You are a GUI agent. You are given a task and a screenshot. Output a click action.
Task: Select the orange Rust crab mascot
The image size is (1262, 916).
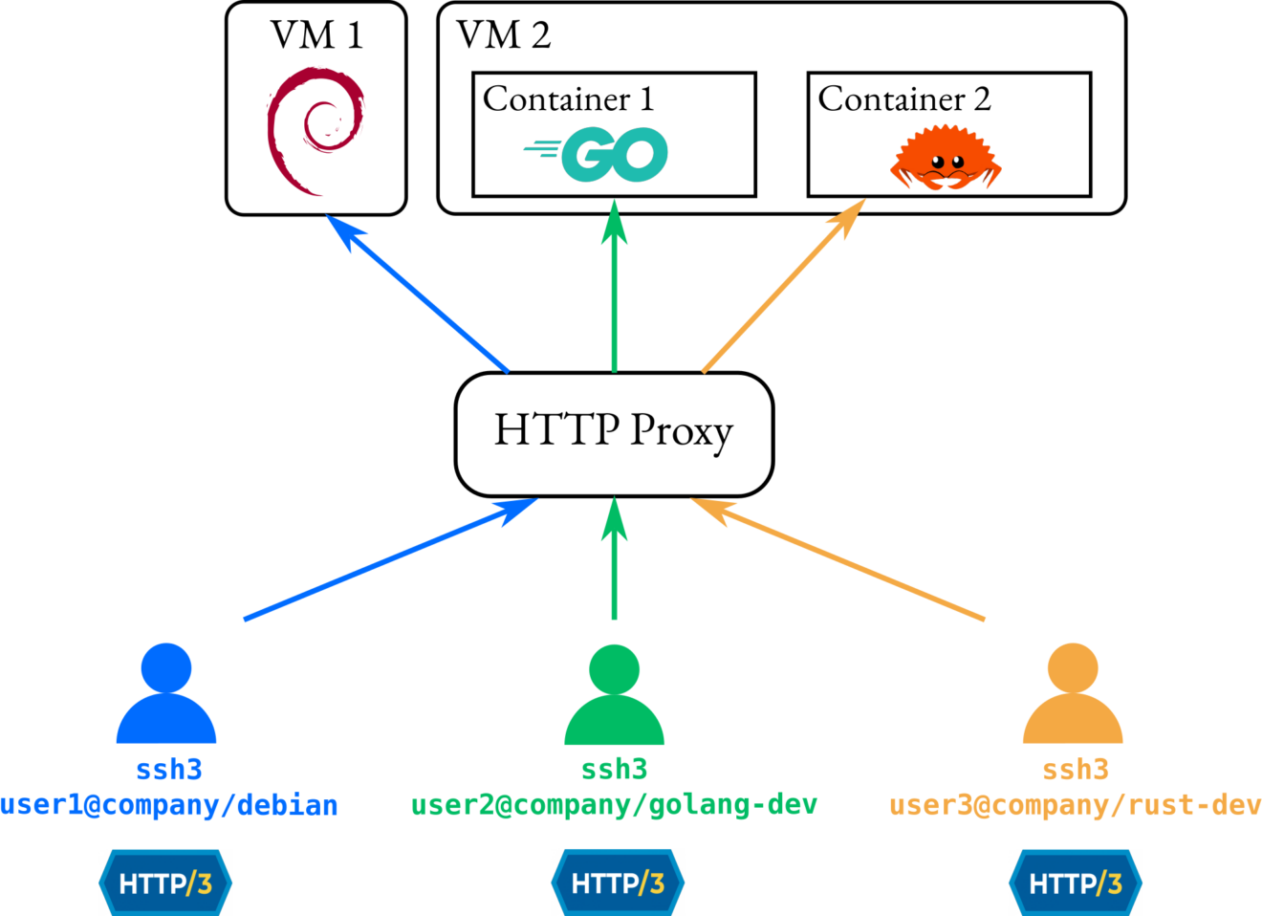coord(946,160)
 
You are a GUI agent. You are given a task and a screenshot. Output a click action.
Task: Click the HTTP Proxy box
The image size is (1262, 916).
coord(614,433)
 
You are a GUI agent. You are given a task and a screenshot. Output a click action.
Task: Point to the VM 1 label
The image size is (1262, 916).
coord(316,35)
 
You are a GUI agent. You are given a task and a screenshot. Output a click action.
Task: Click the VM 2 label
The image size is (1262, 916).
coord(504,35)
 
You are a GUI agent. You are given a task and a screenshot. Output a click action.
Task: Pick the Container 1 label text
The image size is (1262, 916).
coord(569,98)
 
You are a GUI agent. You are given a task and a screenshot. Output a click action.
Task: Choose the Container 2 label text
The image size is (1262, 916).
coord(904,98)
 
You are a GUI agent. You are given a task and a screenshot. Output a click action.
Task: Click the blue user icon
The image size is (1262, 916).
coord(166,694)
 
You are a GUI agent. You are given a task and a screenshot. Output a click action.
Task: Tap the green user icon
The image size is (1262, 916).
coord(614,695)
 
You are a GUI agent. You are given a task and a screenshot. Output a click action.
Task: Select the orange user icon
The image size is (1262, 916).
coord(1073,694)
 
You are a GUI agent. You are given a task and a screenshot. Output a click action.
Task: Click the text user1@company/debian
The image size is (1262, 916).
coord(168,805)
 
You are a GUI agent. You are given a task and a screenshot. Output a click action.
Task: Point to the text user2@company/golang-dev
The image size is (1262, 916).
coord(614,805)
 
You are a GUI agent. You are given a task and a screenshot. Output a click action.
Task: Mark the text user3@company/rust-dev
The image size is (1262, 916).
coord(1075,805)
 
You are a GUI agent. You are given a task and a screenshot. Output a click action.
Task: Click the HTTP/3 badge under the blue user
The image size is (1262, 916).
coord(165,883)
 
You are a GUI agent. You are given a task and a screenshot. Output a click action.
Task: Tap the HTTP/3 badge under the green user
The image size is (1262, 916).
coord(618,883)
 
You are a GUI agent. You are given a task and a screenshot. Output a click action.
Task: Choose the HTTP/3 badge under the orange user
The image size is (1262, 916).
coord(1076,883)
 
